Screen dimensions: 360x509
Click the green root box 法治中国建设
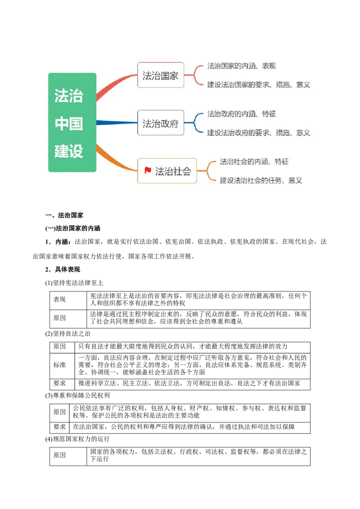pyautogui.click(x=72, y=122)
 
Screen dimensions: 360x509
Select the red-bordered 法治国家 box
pyautogui.click(x=161, y=75)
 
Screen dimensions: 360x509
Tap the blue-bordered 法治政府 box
pyautogui.click(x=161, y=123)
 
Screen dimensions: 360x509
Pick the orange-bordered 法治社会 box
pyautogui.click(x=167, y=171)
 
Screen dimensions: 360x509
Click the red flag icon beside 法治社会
pyautogui.click(x=148, y=170)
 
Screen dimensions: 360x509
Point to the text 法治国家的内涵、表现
pyautogui.click(x=241, y=66)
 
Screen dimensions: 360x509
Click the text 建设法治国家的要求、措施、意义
pyautogui.click(x=258, y=85)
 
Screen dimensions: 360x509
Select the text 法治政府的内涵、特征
pyautogui.click(x=241, y=114)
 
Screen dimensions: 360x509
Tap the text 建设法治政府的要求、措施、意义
pyautogui.click(x=258, y=133)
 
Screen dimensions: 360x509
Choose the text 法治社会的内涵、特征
pyautogui.click(x=254, y=162)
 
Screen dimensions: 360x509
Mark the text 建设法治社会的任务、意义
pyautogui.click(x=261, y=180)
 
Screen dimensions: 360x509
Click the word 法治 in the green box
pyautogui.click(x=69, y=95)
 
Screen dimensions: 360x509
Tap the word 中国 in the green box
pyautogui.click(x=69, y=123)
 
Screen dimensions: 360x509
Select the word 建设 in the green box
pyautogui.click(x=69, y=151)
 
